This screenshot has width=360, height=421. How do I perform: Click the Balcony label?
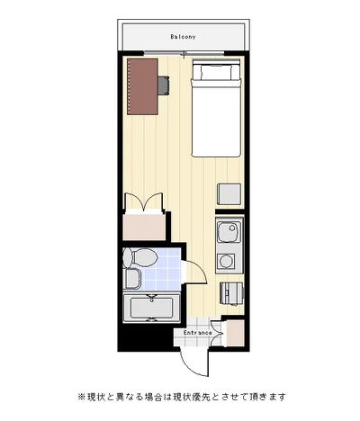click(x=183, y=37)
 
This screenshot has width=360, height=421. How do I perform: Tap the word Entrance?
click(x=198, y=333)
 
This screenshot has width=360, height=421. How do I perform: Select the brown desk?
click(x=142, y=86)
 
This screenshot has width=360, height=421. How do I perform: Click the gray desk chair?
click(x=164, y=85)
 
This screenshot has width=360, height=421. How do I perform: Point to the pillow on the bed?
click(x=216, y=70)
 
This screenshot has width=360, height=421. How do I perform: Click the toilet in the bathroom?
click(x=140, y=257)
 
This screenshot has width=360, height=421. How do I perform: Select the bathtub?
click(x=151, y=308)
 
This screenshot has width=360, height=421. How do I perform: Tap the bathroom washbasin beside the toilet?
click(x=131, y=279)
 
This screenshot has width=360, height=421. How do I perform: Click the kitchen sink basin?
click(x=229, y=232)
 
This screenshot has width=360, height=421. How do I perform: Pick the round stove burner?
click(x=226, y=261)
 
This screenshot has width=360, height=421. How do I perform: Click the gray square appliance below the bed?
click(x=229, y=194)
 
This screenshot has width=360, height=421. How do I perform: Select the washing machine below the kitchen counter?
click(x=231, y=293)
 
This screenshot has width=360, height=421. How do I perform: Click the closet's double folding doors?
click(x=144, y=203)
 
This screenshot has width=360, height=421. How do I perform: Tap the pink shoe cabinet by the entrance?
click(x=235, y=333)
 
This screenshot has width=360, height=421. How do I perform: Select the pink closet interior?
click(x=144, y=227)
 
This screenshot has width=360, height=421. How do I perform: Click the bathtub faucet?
click(x=152, y=298)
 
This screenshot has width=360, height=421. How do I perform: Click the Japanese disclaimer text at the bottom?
click(x=182, y=397)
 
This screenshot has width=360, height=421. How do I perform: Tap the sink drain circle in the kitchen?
click(x=232, y=228)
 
